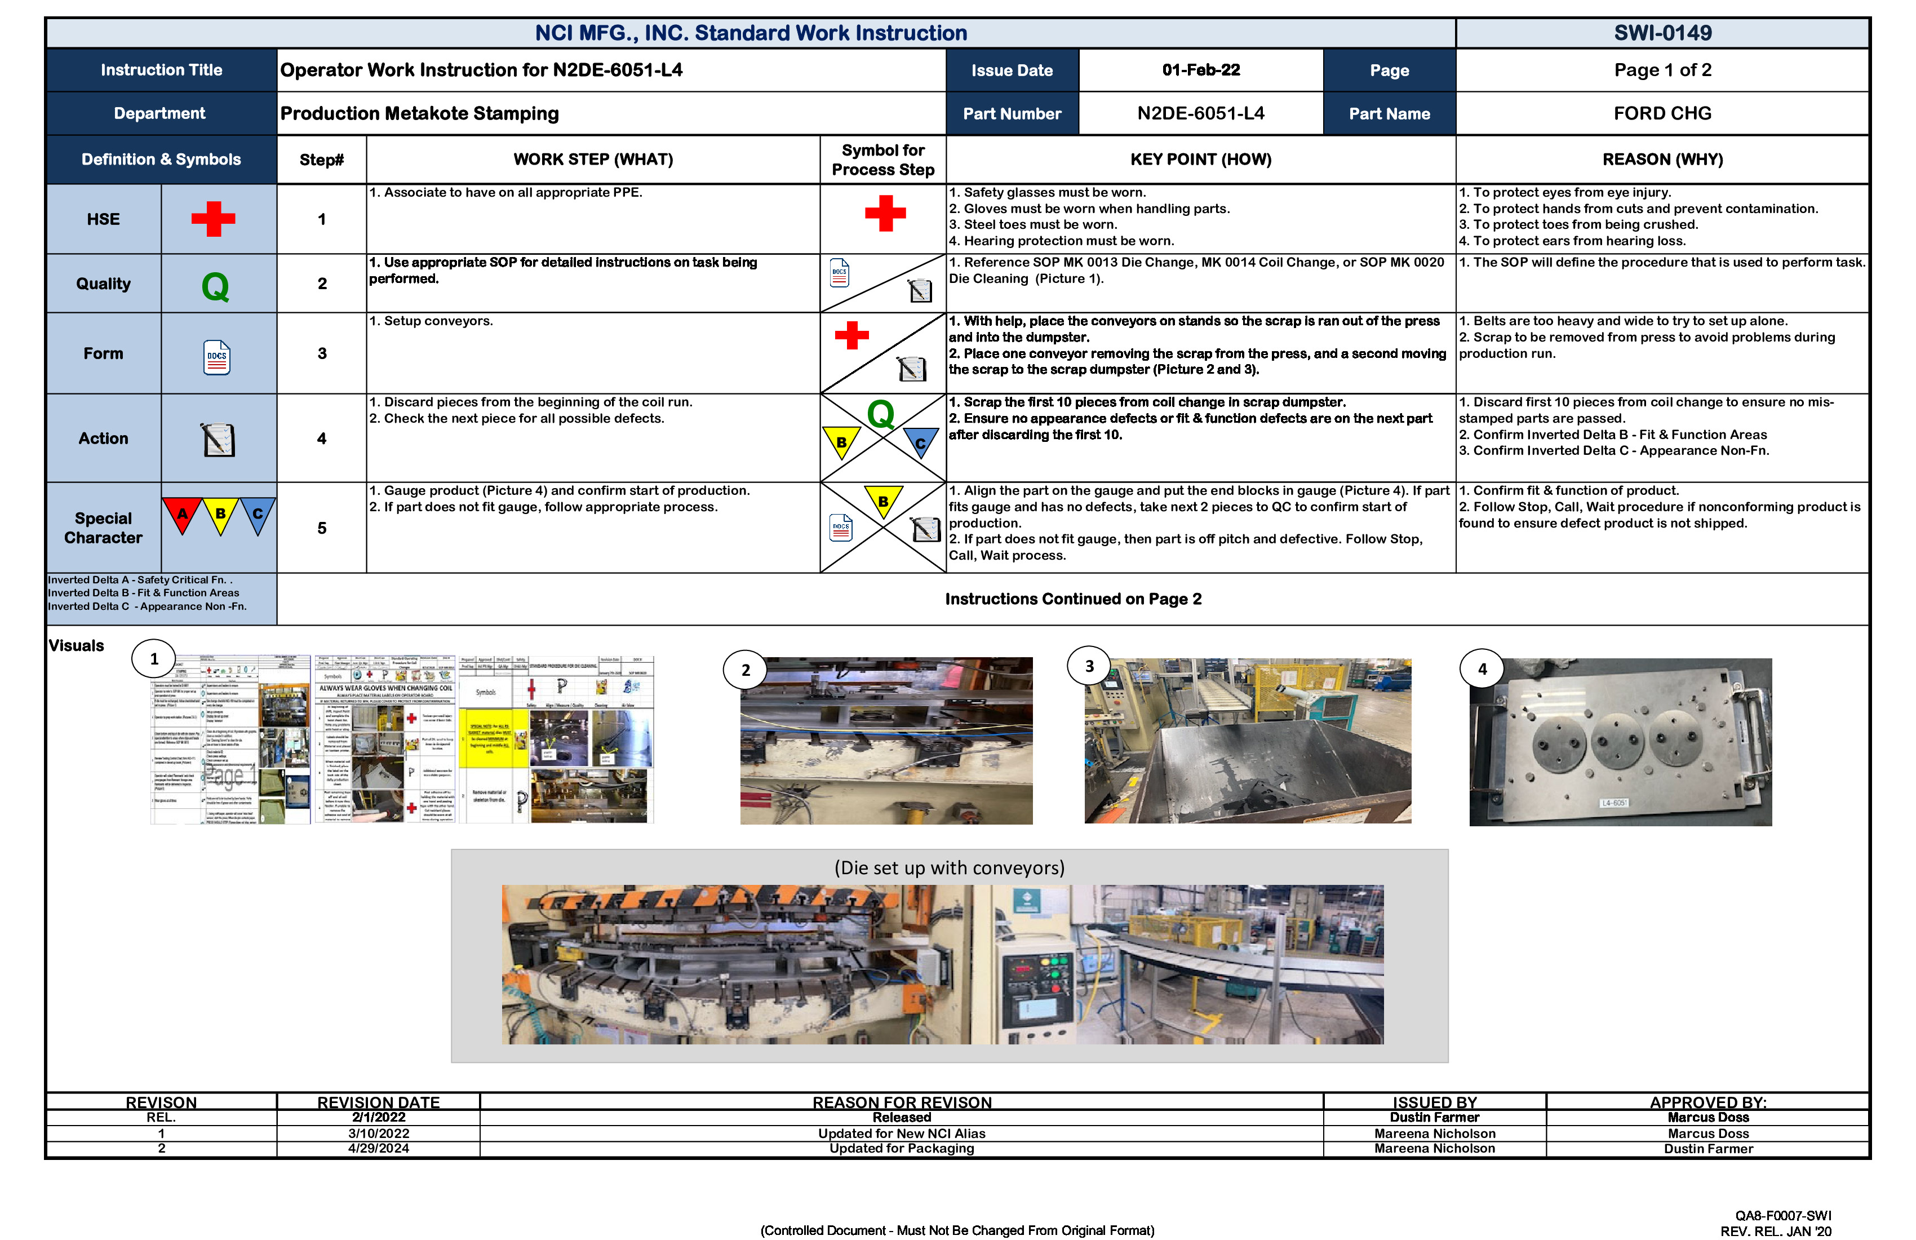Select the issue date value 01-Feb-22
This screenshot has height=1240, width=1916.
(1200, 70)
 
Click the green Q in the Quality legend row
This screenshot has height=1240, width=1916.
(215, 286)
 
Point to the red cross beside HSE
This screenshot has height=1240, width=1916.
(214, 219)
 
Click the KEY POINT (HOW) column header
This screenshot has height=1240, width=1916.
(1200, 160)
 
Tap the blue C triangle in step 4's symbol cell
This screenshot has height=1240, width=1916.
(920, 442)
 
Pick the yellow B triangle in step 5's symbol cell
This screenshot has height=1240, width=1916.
(883, 500)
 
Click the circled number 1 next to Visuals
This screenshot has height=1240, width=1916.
(154, 659)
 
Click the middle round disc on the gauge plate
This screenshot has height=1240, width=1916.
(1617, 741)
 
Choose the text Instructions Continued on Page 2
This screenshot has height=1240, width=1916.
(1072, 599)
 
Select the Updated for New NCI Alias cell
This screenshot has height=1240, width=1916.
(902, 1133)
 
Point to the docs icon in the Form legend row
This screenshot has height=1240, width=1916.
(216, 357)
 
